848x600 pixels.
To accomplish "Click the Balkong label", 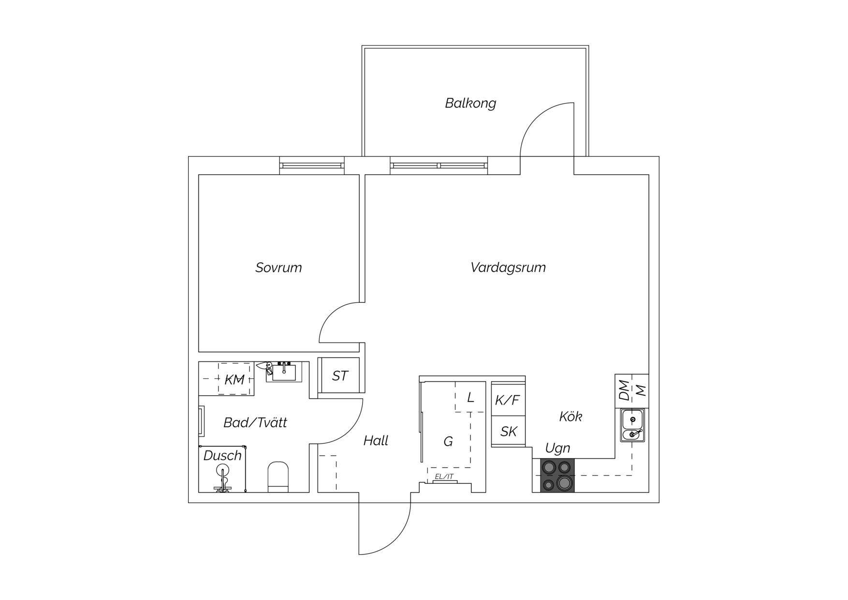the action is pyautogui.click(x=470, y=103).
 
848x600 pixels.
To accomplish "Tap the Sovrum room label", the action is pyautogui.click(x=278, y=268).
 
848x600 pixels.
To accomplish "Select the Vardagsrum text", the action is pyautogui.click(x=508, y=268).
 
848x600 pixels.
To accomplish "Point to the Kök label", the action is pyautogui.click(x=570, y=416).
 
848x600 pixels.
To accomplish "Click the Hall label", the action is pyautogui.click(x=376, y=441).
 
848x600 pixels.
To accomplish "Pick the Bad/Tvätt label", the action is pyautogui.click(x=255, y=422).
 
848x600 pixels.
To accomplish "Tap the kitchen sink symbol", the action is pyautogui.click(x=633, y=425).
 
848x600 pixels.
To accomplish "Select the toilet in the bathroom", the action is pyautogui.click(x=278, y=477).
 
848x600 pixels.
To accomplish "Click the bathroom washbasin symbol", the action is pyautogui.click(x=284, y=372).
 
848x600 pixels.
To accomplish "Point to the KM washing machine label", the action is pyautogui.click(x=234, y=380).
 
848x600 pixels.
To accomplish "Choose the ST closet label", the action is pyautogui.click(x=339, y=376).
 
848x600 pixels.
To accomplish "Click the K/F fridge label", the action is pyautogui.click(x=508, y=400).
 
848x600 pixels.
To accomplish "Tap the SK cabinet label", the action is pyautogui.click(x=509, y=431).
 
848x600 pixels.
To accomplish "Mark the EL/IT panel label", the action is pyautogui.click(x=444, y=477).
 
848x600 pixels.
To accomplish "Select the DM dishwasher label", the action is pyautogui.click(x=625, y=390).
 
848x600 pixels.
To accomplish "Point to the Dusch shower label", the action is pyautogui.click(x=222, y=455).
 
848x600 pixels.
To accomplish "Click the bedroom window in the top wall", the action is pyautogui.click(x=312, y=165).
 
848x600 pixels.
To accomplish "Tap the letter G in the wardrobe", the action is pyautogui.click(x=448, y=441).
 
